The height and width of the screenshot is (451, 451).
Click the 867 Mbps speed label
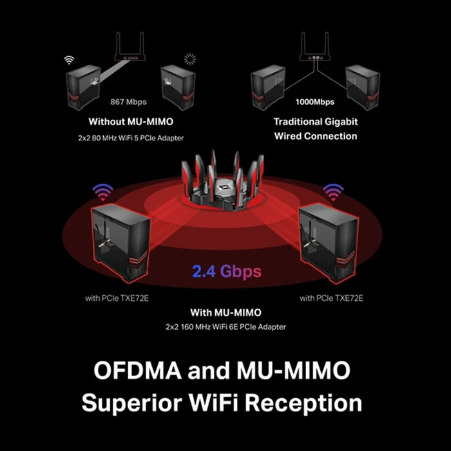pyautogui.click(x=129, y=102)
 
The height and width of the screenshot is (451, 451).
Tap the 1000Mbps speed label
pyautogui.click(x=315, y=102)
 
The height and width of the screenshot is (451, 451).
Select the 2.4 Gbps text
pyautogui.click(x=227, y=271)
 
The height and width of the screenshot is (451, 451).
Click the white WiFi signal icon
pyautogui.click(x=69, y=60)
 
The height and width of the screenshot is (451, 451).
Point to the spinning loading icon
pyautogui.click(x=190, y=59)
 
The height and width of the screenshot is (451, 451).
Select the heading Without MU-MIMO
pyautogui.click(x=131, y=121)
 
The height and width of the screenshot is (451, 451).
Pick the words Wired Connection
pyautogui.click(x=316, y=136)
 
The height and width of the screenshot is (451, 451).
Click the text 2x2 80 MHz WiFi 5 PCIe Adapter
pyautogui.click(x=131, y=138)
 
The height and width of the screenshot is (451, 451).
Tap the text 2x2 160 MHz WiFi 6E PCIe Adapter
pyautogui.click(x=225, y=327)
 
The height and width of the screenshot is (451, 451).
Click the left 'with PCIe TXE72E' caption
pyautogui.click(x=117, y=298)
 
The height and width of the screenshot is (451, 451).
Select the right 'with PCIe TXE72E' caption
pyautogui.click(x=332, y=298)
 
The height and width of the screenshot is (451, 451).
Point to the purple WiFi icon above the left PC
pyautogui.click(x=102, y=192)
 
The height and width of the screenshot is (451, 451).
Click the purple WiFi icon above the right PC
pyautogui.click(x=333, y=192)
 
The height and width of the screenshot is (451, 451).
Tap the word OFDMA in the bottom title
pyautogui.click(x=138, y=370)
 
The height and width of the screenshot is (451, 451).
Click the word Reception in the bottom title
pyautogui.click(x=303, y=403)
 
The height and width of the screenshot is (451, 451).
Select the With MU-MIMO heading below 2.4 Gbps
pyautogui.click(x=225, y=312)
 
